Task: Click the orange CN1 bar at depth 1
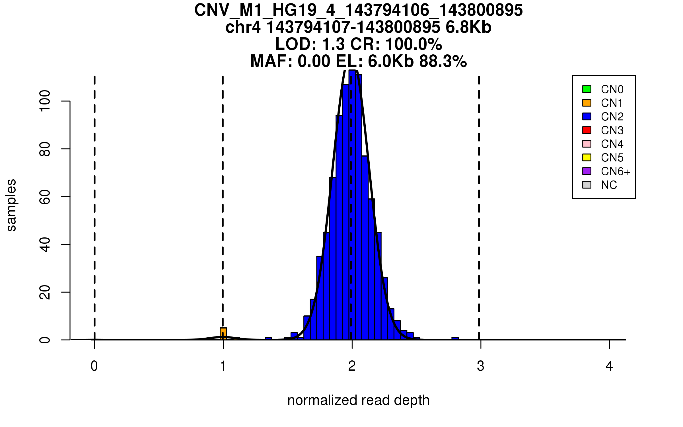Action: click(x=223, y=334)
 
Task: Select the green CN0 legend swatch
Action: click(x=587, y=89)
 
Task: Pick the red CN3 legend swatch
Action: click(x=587, y=130)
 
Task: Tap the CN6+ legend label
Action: click(x=616, y=171)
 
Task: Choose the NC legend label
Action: click(x=609, y=185)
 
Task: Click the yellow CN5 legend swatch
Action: click(x=587, y=157)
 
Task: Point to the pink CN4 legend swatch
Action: click(x=587, y=144)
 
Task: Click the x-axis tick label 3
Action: click(x=481, y=366)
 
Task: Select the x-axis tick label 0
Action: click(x=94, y=366)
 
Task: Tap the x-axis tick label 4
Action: click(x=609, y=366)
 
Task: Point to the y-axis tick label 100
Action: click(x=45, y=101)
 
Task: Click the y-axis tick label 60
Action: click(x=45, y=197)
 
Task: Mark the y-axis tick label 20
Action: click(x=45, y=292)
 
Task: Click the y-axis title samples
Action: click(x=11, y=205)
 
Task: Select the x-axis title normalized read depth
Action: click(x=358, y=400)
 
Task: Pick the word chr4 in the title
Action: click(x=243, y=28)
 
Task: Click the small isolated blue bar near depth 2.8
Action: click(x=455, y=338)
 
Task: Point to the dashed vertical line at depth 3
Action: click(x=479, y=199)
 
